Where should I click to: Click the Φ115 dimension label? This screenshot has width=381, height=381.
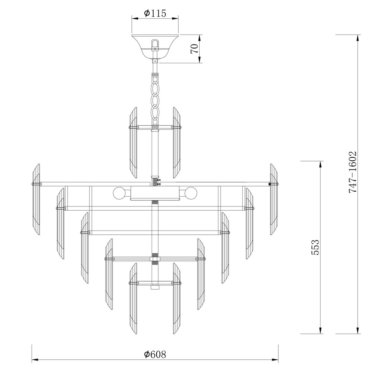click(155, 13)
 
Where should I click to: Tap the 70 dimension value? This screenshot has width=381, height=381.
click(194, 49)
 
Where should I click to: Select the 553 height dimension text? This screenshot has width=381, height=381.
click(315, 247)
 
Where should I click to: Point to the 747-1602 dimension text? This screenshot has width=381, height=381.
click(352, 172)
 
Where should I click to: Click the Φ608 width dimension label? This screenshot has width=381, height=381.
click(155, 354)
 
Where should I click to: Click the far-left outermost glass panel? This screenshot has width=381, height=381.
click(36, 199)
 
